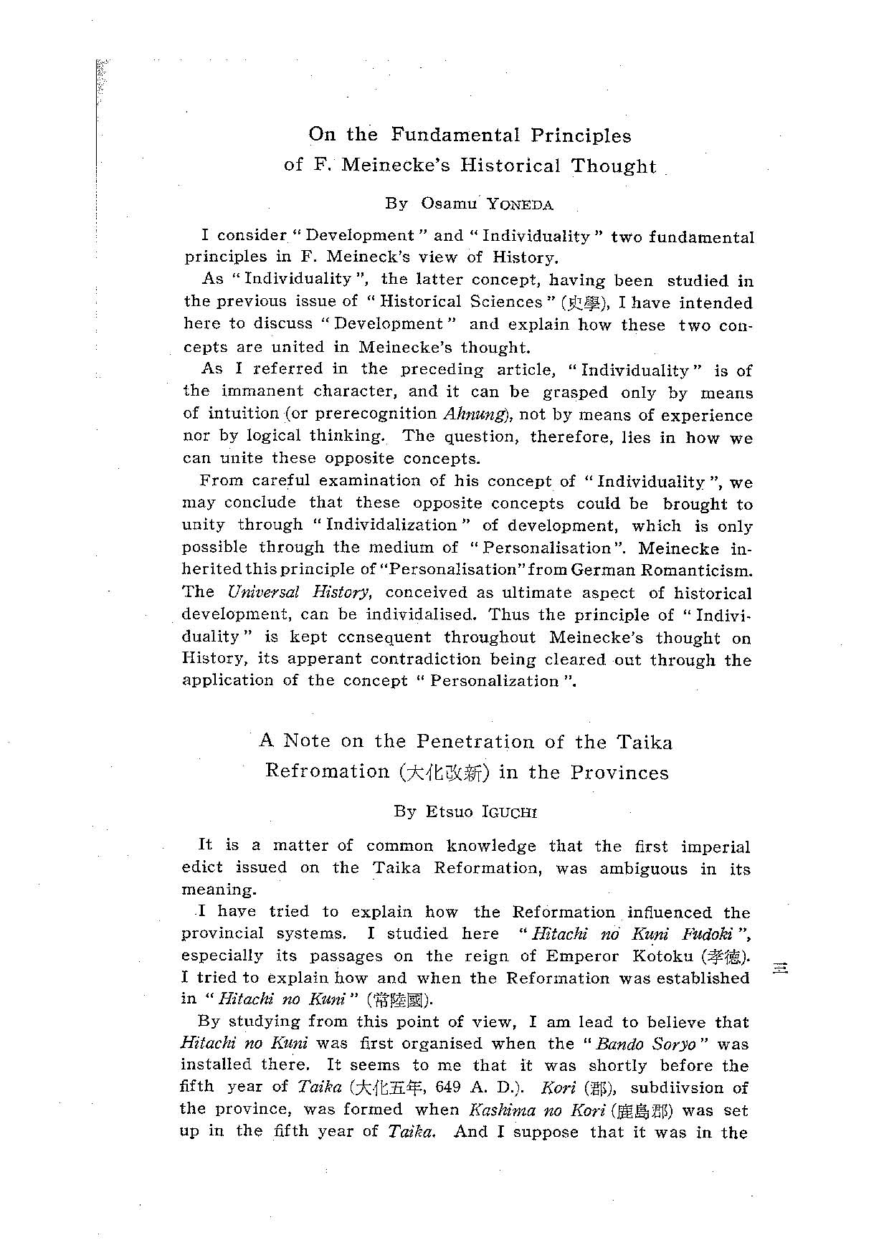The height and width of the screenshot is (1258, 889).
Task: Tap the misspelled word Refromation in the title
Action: tap(327, 771)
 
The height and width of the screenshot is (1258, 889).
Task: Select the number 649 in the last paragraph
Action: tap(447, 1087)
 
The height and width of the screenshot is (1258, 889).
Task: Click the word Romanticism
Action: tap(693, 570)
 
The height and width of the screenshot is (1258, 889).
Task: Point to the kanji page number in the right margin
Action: tap(780, 968)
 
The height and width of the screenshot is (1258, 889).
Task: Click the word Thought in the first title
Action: tap(613, 166)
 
